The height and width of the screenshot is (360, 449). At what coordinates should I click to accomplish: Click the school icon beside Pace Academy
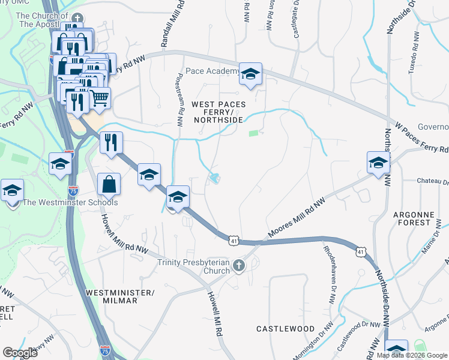click(x=251, y=73)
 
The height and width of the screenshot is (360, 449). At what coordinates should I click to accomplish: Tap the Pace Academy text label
click(x=213, y=71)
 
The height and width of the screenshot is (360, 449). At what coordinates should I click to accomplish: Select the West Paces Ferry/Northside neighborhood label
click(x=217, y=112)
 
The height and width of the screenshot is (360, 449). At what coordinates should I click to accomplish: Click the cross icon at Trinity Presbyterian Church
click(x=239, y=265)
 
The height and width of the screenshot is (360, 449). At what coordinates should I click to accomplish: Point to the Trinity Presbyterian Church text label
click(x=194, y=266)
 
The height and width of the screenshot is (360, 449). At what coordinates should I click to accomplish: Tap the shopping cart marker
click(x=100, y=97)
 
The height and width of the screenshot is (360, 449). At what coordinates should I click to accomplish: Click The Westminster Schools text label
click(x=70, y=202)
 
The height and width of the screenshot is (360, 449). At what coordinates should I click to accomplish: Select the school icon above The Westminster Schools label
click(x=12, y=191)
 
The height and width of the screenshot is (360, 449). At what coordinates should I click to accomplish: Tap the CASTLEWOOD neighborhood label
click(x=285, y=329)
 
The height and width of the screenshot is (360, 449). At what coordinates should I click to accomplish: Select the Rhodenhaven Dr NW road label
click(x=329, y=273)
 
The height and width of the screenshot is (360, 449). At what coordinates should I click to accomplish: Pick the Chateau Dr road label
click(x=433, y=180)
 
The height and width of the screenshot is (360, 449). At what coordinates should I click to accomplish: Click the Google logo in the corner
click(x=20, y=353)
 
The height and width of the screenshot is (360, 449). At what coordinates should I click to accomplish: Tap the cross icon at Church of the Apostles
click(x=75, y=19)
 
